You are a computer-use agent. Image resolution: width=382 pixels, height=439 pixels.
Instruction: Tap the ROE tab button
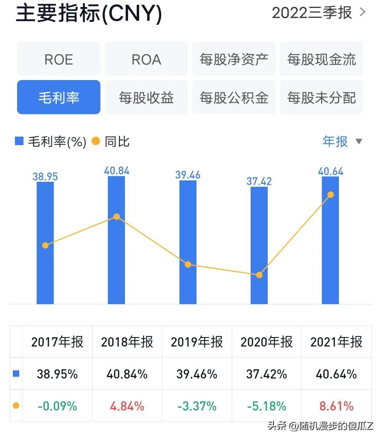coord(59,59)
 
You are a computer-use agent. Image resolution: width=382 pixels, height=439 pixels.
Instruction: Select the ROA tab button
coord(146,59)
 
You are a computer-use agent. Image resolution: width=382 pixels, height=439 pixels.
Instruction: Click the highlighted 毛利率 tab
coord(59,97)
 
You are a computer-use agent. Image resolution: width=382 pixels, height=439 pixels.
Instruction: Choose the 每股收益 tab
coord(146,97)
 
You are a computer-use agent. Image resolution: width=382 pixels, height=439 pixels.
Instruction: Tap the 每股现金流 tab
coord(321,59)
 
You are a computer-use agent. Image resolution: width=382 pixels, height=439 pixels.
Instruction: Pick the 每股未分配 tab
coord(321,97)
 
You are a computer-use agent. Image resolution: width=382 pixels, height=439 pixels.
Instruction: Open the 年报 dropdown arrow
coord(359,142)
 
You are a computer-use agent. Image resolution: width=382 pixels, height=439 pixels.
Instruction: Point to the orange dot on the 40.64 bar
coord(330,195)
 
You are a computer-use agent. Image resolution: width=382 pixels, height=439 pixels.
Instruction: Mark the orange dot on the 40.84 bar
coord(116,217)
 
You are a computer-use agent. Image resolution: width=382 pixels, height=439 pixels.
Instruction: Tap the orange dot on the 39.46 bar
coord(188,264)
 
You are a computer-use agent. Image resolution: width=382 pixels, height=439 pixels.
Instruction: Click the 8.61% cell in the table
coord(336,406)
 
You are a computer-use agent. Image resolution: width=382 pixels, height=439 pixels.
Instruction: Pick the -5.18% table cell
coord(267,406)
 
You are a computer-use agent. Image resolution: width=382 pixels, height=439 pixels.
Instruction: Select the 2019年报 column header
coord(197,342)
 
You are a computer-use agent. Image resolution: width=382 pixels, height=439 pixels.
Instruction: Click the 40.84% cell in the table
coord(127,374)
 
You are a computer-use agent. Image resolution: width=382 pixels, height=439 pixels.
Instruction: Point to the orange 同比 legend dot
coord(96,141)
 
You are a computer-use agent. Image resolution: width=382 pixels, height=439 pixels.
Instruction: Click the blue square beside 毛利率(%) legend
coord(19,141)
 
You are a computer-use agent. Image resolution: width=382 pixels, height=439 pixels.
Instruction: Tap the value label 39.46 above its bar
coord(188,175)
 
